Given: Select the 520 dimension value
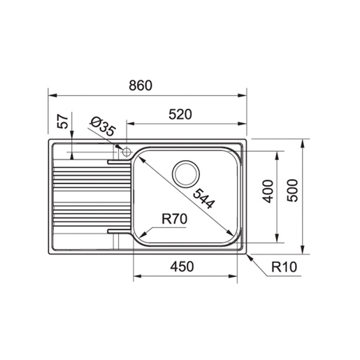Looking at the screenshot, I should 180,114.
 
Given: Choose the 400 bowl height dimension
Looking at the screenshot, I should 266,190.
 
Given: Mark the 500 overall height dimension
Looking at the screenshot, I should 293,191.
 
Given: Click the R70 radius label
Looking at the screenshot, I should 173,219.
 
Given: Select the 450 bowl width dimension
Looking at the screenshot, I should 180,266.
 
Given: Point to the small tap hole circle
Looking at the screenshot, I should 126,151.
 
